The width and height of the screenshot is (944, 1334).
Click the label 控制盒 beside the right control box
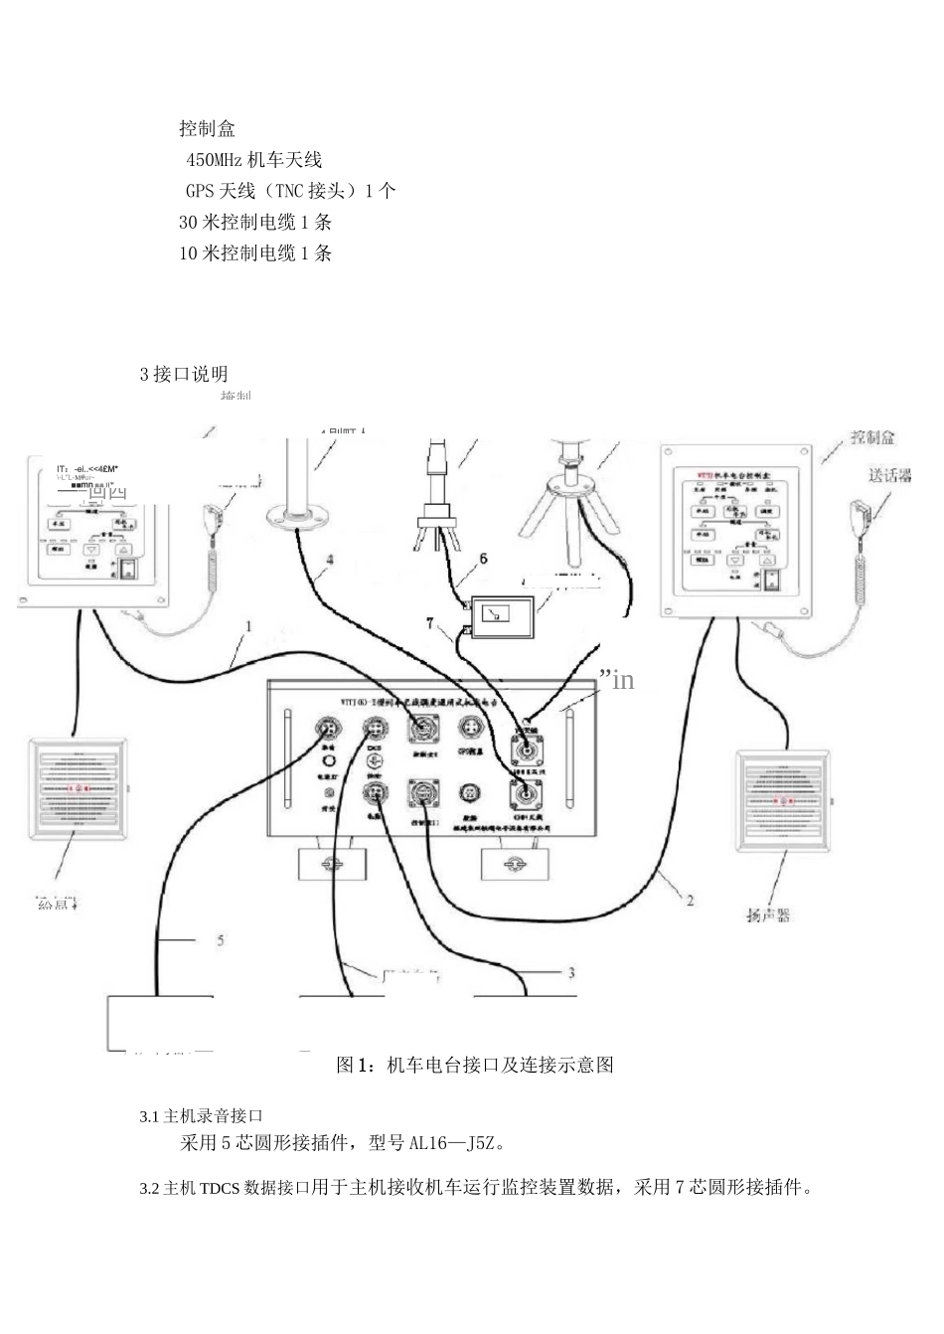click(872, 436)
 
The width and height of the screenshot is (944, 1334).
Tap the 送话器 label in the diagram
click(890, 475)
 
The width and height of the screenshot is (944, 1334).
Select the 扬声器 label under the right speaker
click(768, 915)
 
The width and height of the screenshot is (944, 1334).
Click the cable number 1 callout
click(248, 627)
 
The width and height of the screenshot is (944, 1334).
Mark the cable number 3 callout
click(570, 973)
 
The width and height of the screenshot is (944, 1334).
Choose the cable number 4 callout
click(330, 561)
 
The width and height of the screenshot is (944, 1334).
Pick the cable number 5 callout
click(221, 939)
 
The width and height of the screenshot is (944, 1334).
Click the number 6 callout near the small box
click(484, 559)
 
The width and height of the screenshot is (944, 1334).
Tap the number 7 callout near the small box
click(430, 623)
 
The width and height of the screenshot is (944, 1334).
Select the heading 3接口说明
click(184, 374)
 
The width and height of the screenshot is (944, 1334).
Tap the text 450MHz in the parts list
click(214, 159)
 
